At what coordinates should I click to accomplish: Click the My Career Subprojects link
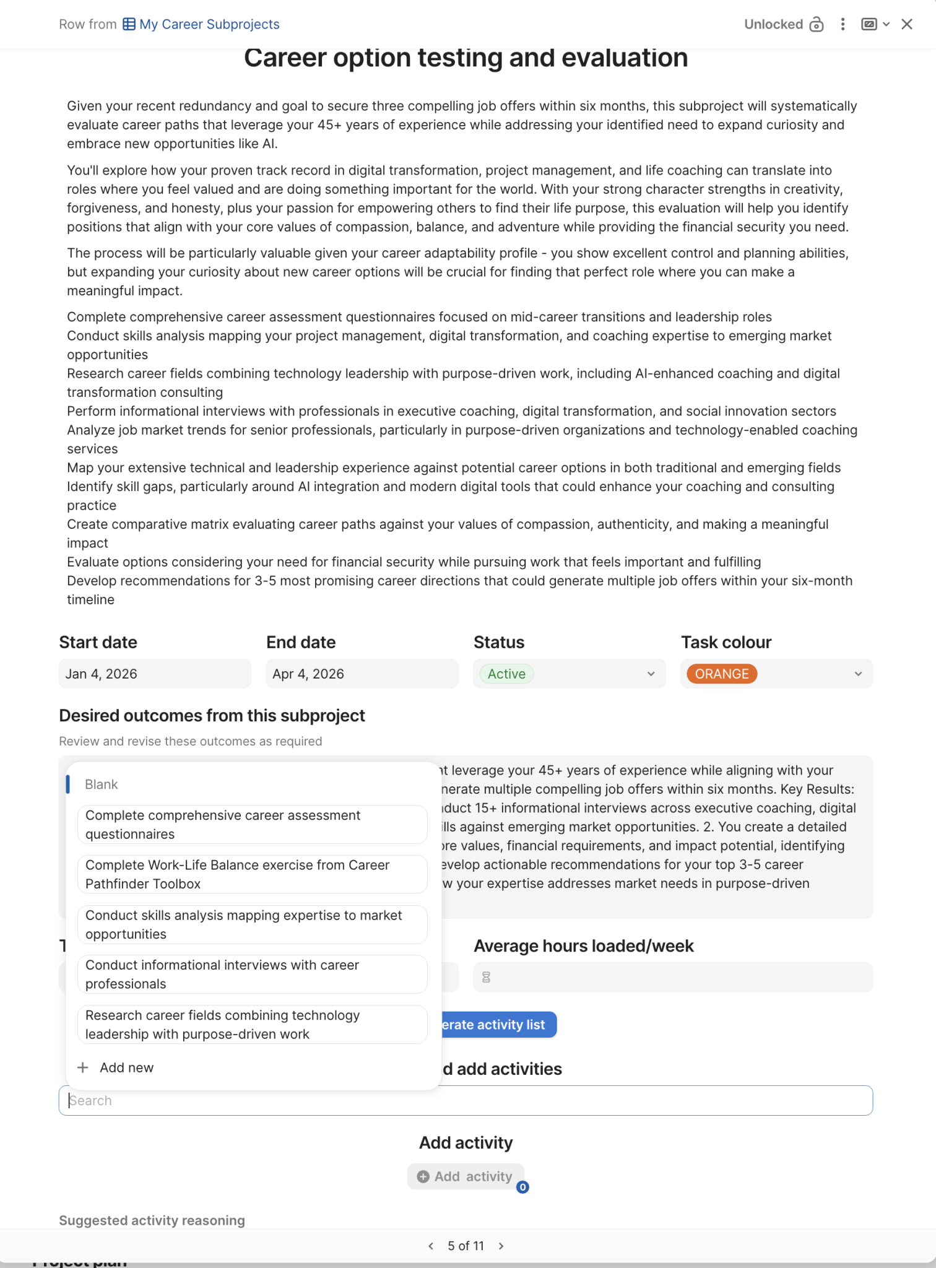209,24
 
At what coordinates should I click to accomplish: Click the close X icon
907,24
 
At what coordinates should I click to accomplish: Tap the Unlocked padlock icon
817,24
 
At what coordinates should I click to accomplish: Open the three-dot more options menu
843,24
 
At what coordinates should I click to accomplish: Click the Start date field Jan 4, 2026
155,674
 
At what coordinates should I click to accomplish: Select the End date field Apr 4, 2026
362,674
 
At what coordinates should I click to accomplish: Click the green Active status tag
506,674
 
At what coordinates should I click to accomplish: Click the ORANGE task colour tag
721,674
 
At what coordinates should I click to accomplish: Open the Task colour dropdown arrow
858,674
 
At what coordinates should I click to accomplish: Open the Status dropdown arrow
651,674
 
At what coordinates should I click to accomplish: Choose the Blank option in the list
102,784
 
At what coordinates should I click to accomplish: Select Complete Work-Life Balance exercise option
252,874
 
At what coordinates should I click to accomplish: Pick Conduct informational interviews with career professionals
252,975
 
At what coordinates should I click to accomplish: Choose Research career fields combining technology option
252,1025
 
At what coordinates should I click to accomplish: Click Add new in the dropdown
126,1067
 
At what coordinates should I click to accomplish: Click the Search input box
466,1100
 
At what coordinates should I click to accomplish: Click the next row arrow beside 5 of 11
501,1246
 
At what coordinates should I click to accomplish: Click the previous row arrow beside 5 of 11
431,1246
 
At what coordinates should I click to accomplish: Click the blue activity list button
498,1025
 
